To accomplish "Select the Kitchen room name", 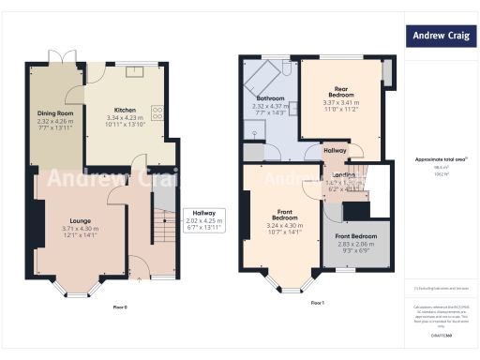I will (x=125, y=109).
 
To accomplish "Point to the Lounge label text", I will (x=81, y=220).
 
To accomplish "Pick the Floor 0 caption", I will (x=120, y=307).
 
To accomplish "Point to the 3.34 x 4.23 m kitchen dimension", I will (x=125, y=117).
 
